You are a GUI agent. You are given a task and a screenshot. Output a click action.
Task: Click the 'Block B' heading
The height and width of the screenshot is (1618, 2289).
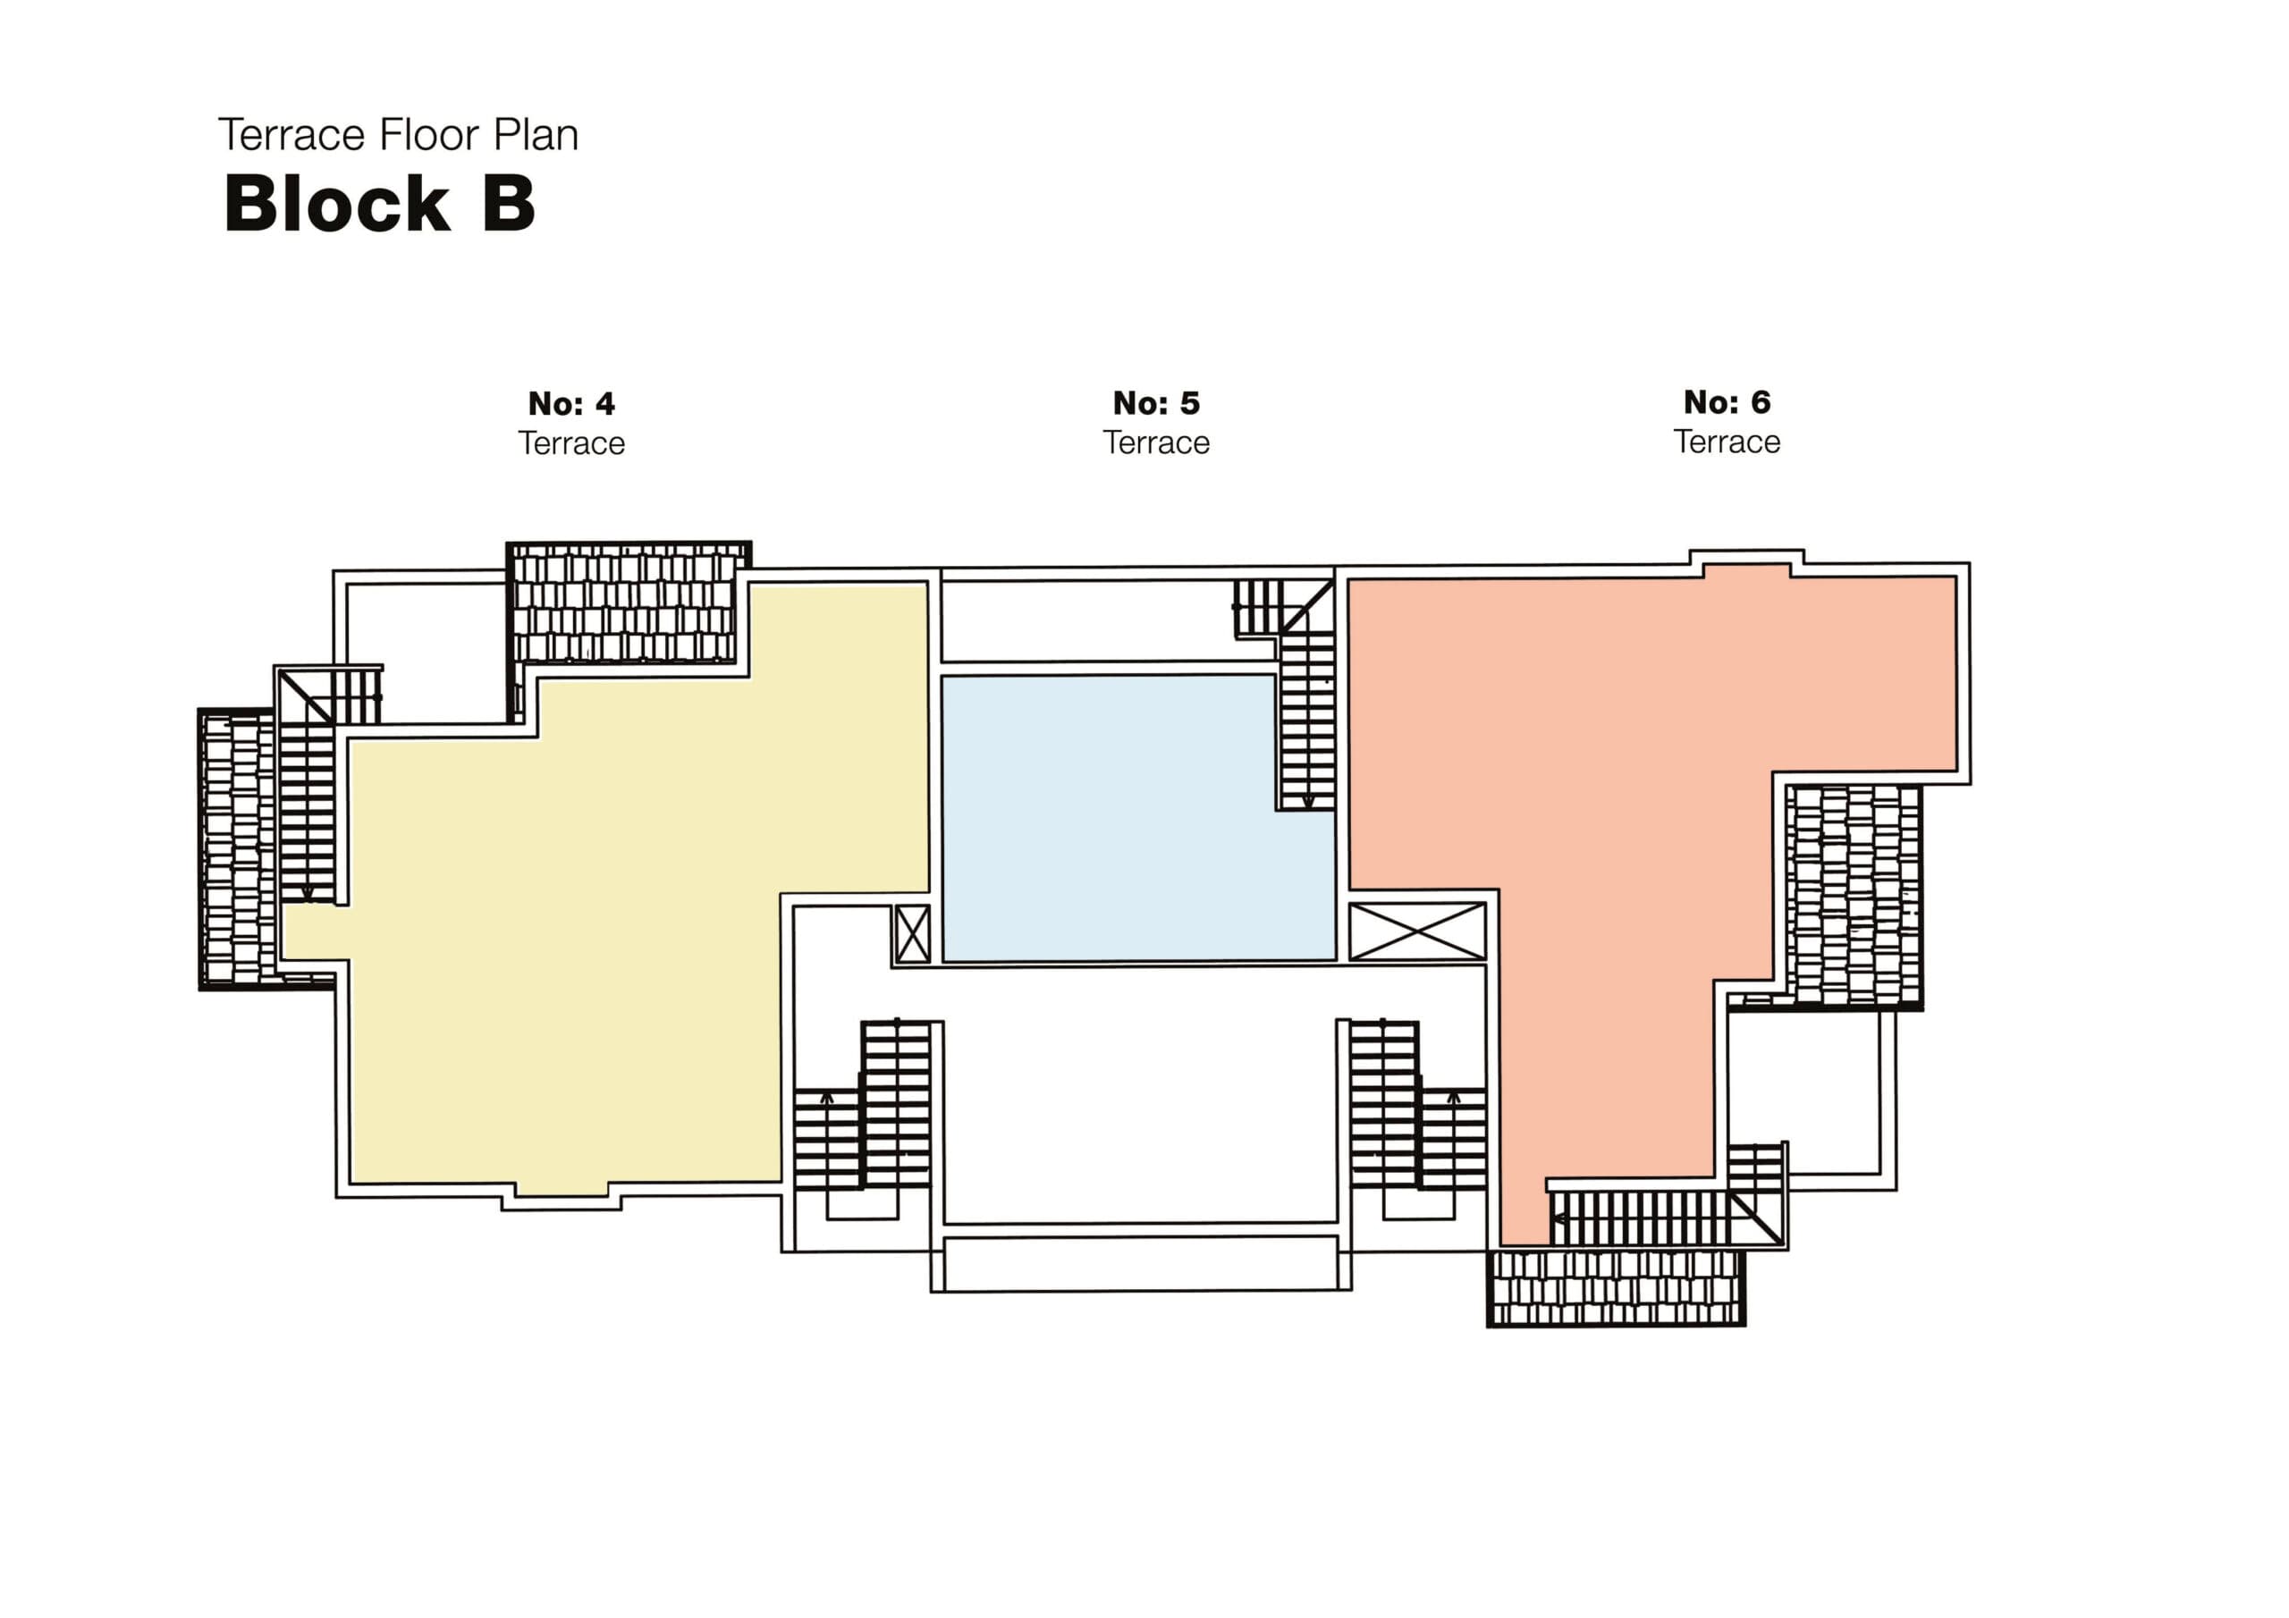[379, 205]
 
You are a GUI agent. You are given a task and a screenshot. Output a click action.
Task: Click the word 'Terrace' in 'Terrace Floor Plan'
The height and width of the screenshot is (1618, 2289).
[291, 136]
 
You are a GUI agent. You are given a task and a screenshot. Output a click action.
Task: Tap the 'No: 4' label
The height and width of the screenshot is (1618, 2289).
[571, 404]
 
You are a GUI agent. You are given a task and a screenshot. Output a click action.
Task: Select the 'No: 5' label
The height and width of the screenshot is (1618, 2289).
[1155, 403]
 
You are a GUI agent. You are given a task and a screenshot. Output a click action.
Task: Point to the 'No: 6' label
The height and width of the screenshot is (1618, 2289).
[1727, 401]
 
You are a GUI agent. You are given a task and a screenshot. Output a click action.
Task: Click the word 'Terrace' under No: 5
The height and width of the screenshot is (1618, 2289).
[1155, 442]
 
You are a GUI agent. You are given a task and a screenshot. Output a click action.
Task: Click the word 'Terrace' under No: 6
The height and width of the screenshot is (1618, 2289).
[1727, 442]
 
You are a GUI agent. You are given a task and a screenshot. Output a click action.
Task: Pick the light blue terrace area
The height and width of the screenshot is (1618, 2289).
[1107, 817]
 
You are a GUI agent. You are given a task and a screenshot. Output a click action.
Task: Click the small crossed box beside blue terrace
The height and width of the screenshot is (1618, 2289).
[912, 934]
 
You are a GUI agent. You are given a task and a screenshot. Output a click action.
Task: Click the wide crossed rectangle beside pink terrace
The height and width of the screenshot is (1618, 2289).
[1416, 932]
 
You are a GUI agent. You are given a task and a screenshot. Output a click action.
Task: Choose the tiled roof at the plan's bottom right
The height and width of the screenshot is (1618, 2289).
[1615, 1287]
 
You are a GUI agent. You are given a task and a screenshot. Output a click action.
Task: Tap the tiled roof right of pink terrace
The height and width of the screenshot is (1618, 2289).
[1854, 894]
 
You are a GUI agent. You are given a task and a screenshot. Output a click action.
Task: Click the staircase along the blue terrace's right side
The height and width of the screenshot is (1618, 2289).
[1307, 718]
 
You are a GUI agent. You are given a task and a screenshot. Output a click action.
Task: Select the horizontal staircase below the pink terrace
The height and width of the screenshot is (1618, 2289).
[1645, 1218]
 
